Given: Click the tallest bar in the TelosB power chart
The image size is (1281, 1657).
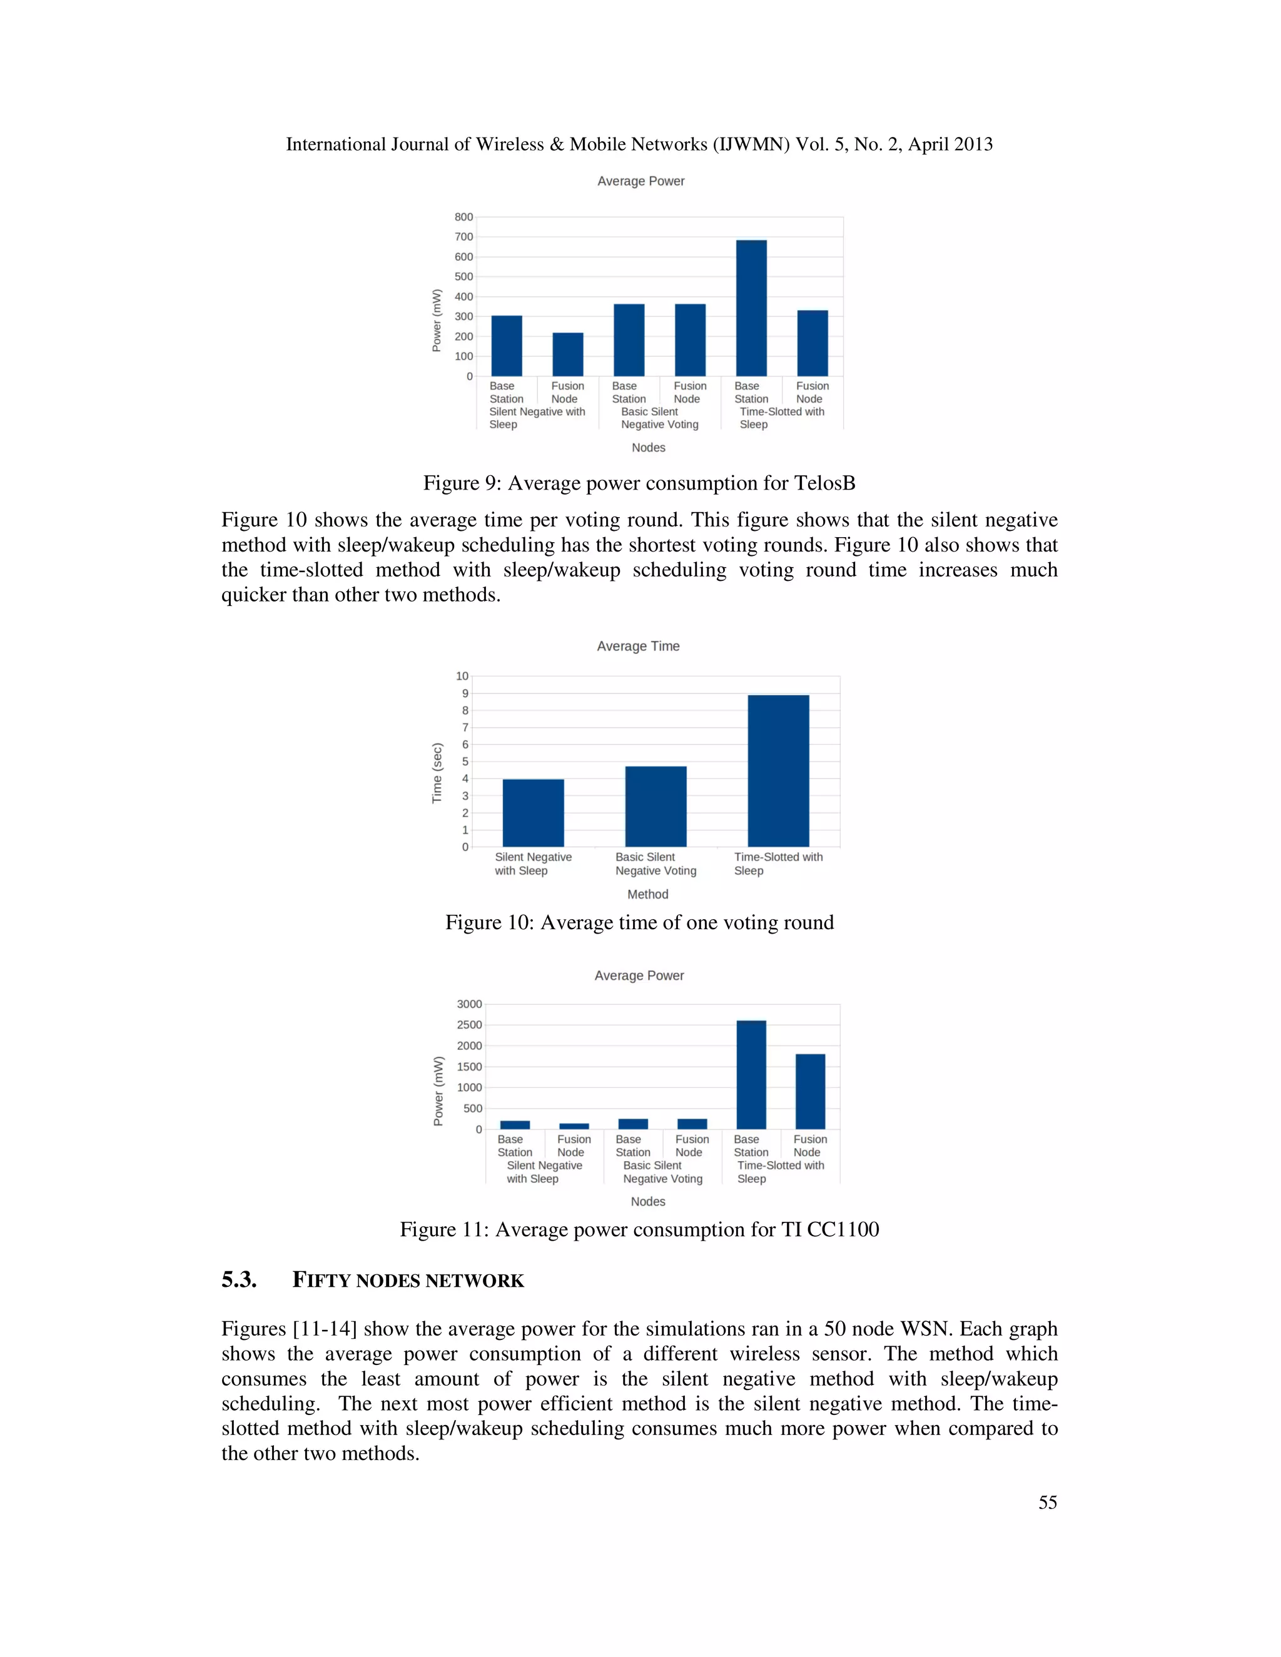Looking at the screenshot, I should [x=751, y=308].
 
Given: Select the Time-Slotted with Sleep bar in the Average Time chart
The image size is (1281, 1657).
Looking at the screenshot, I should [x=778, y=770].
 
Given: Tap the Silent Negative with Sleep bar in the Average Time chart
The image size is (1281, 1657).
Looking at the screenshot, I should [x=533, y=813].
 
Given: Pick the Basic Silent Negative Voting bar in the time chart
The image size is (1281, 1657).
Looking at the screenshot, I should [x=656, y=806].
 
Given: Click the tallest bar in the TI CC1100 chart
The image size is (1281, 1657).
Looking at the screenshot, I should [x=751, y=1074].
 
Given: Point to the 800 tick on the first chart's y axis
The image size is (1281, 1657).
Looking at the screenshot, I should [x=463, y=217].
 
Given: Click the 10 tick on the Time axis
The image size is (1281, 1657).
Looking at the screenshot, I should [x=462, y=676].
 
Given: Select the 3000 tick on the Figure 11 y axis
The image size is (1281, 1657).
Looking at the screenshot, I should [x=469, y=1004].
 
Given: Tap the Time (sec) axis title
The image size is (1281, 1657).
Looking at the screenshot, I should [x=437, y=772].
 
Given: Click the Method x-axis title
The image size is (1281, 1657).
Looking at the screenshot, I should [x=647, y=895].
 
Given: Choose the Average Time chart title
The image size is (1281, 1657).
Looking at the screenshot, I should [x=638, y=647].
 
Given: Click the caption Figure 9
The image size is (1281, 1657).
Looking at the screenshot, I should [x=639, y=483].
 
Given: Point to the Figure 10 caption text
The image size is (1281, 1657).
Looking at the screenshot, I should [x=639, y=922].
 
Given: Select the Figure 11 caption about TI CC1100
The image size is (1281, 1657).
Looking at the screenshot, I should [x=639, y=1229].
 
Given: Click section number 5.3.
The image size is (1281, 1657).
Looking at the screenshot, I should [x=239, y=1281].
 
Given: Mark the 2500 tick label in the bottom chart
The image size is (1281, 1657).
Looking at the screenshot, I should [x=469, y=1025].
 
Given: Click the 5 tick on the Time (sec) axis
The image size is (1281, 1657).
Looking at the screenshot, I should [x=465, y=762].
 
